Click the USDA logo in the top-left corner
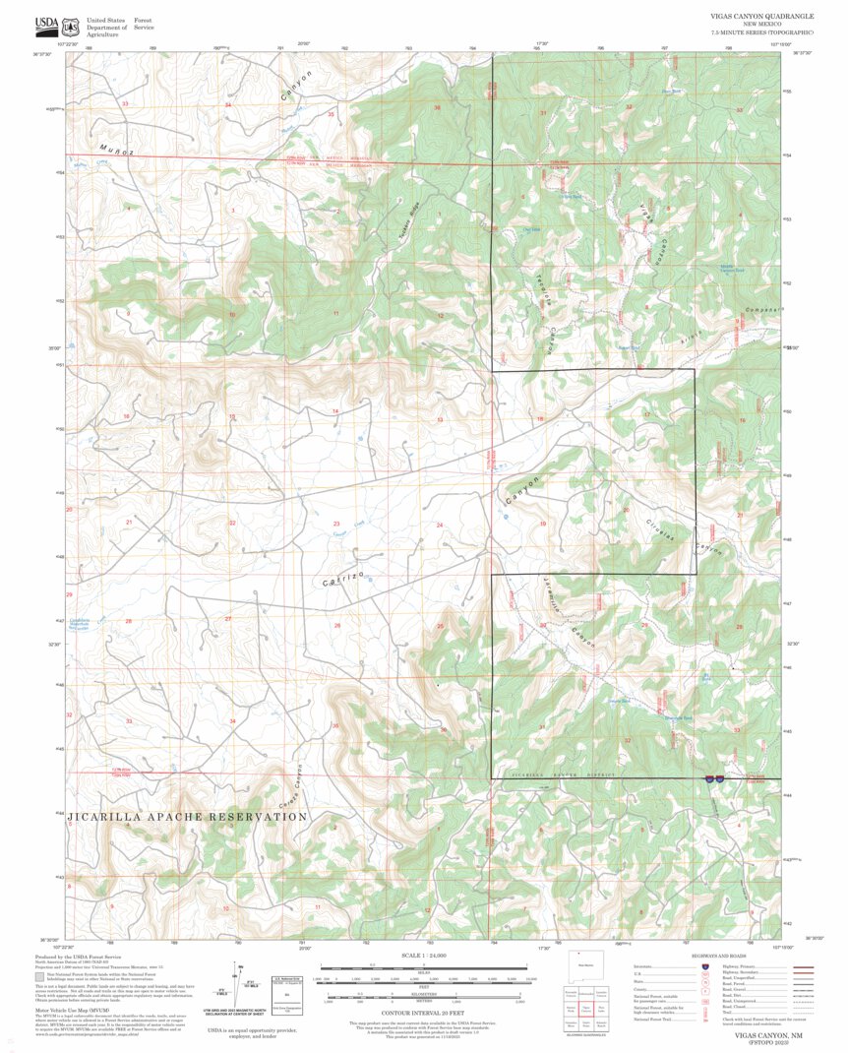click(x=46, y=24)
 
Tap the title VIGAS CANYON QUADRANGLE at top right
click(x=761, y=17)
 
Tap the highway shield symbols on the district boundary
click(x=714, y=778)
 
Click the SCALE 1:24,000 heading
click(x=423, y=956)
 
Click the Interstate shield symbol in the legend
click(x=704, y=967)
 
